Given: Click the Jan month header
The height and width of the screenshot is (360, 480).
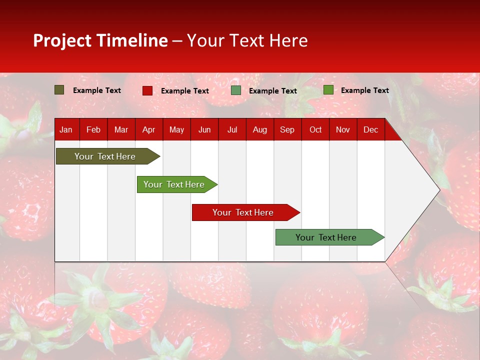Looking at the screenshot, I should [x=66, y=130].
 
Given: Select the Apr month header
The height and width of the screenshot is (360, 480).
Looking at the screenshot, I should [x=148, y=130].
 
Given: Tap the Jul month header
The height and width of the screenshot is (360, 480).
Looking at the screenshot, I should [x=232, y=130].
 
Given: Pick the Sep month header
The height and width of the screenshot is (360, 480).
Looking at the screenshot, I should [x=287, y=130].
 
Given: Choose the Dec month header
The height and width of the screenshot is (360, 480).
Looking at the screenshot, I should [x=370, y=130].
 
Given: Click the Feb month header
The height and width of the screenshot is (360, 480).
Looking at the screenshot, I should [x=93, y=130].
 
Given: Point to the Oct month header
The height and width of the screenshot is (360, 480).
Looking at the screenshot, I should [x=315, y=130].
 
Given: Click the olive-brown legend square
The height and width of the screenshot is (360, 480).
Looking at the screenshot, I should [x=59, y=90].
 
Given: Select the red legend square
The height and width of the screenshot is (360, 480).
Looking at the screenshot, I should [x=147, y=90].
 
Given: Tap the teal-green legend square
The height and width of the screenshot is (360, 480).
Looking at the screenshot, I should [x=236, y=90].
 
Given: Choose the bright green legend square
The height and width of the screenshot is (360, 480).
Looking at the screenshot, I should [x=328, y=90].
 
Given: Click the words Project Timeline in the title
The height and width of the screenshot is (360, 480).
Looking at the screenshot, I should [x=100, y=40].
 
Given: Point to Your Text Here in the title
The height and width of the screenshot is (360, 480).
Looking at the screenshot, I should [x=247, y=40].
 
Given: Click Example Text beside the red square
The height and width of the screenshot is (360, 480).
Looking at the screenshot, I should [x=184, y=91].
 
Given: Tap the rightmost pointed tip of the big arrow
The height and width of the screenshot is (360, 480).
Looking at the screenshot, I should [x=439, y=189].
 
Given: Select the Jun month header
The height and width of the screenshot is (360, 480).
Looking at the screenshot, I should [x=204, y=130].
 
